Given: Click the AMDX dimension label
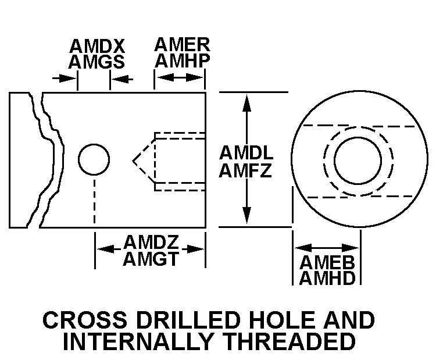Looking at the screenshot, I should (97, 47).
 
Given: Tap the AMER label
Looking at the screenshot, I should (181, 45).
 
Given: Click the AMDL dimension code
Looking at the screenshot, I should (246, 154).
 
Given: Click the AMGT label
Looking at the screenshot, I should (150, 258).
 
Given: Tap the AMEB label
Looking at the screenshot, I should (327, 262).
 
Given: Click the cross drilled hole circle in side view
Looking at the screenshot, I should (94, 159).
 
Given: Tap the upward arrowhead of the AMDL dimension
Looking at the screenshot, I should (247, 99).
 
